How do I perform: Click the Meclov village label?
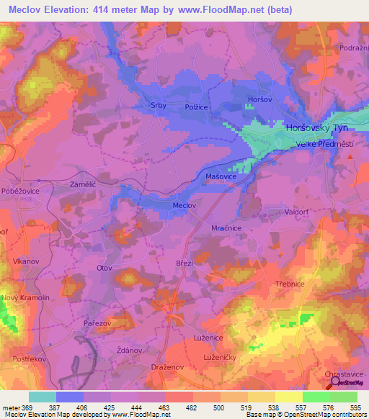184,205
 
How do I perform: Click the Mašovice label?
221,176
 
